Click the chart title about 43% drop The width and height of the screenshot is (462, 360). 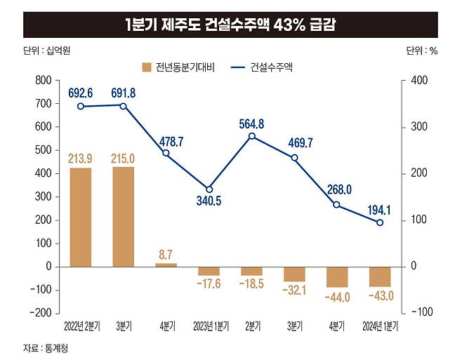coord(230,24)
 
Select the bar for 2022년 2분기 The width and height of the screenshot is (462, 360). coord(81,218)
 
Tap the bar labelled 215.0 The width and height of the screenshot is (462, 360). coord(124,217)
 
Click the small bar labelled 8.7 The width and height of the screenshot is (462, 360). coord(166,265)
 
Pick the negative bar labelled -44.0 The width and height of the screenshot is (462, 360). coord(336,277)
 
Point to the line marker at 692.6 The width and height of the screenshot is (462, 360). coord(81,107)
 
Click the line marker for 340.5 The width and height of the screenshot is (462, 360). coord(209,189)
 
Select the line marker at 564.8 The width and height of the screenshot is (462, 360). coord(251,136)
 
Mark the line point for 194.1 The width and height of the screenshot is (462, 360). coord(380,222)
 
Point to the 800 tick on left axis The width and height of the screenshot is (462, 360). coord(42,81)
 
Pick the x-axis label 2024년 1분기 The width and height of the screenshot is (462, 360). coord(379,328)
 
